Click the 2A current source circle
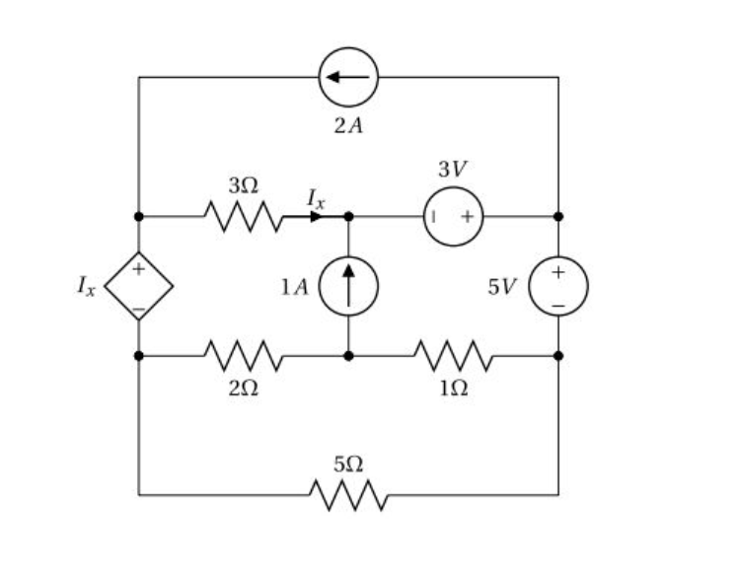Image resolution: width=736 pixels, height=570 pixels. [x=347, y=77]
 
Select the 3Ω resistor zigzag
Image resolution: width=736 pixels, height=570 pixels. [x=243, y=215]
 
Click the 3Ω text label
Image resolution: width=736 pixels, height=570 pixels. [x=243, y=184]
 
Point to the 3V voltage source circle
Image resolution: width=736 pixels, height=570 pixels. [x=453, y=216]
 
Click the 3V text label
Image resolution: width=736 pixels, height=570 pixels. [x=453, y=170]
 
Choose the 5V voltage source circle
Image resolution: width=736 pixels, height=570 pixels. [x=558, y=286]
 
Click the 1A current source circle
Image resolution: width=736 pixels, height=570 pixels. [x=347, y=286]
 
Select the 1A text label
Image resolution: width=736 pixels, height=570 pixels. [x=294, y=287]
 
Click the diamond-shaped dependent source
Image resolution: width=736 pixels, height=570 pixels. [x=138, y=286]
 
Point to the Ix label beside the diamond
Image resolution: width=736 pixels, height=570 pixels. [x=87, y=287]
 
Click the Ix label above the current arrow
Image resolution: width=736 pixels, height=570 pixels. [x=314, y=196]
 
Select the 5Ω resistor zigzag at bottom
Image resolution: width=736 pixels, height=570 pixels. [x=347, y=494]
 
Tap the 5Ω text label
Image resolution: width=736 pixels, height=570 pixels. [x=347, y=463]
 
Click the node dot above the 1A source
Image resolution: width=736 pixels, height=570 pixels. [x=347, y=216]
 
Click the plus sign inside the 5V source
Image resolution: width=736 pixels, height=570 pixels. [x=558, y=271]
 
